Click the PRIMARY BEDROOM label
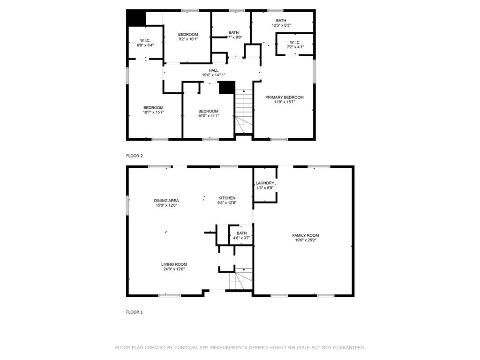tap(284, 97)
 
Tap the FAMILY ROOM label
tap(305, 235)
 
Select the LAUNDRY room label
tap(265, 183)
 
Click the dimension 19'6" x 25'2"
tap(305, 240)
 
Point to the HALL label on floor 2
tap(213, 70)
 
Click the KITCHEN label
tap(227, 198)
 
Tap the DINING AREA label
tap(166, 201)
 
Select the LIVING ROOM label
tap(174, 264)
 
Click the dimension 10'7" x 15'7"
tap(153, 112)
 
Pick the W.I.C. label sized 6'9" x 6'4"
tap(145, 40)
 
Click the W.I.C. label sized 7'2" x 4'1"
tap(295, 42)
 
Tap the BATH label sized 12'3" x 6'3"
tap(281, 21)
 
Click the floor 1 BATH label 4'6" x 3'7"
tap(241, 233)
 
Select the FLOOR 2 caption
tap(134, 156)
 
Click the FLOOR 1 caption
tap(134, 312)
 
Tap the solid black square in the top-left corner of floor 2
tap(136, 18)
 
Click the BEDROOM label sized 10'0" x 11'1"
tap(208, 111)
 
